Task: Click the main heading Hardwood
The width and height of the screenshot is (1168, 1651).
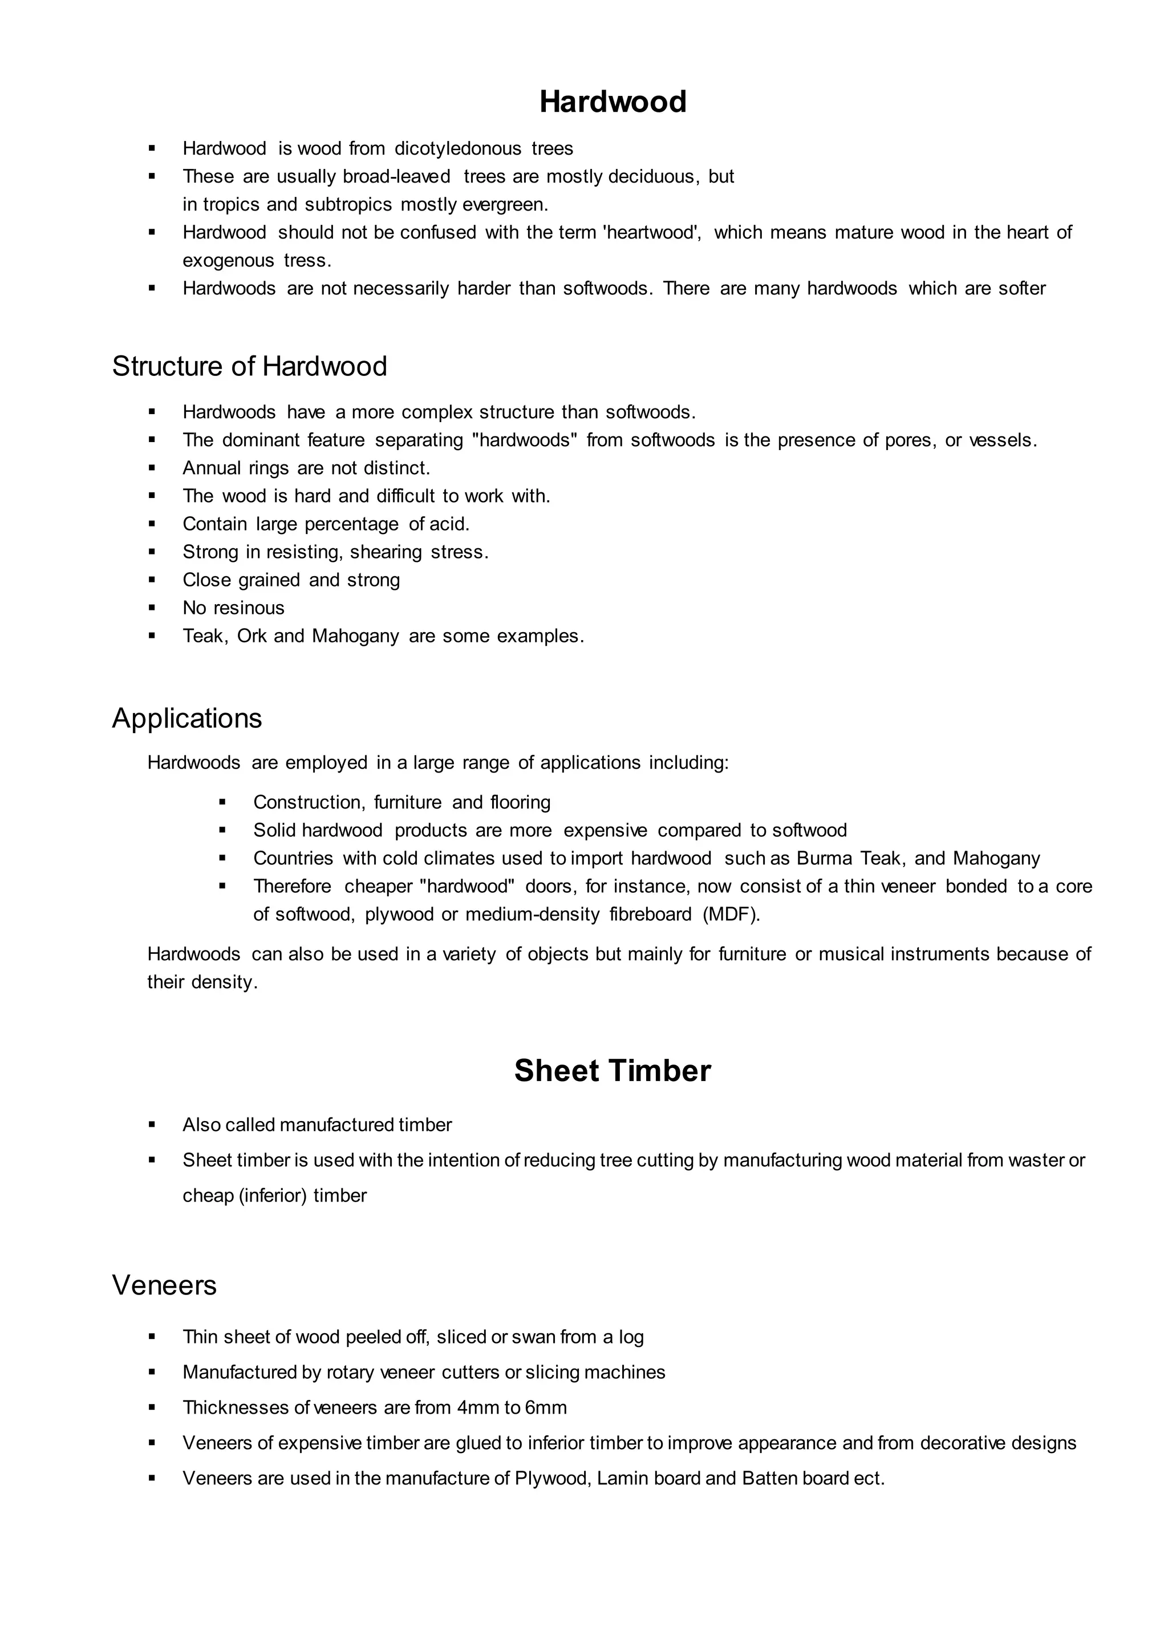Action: (x=613, y=102)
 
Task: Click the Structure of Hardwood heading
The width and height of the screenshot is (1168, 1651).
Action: (x=250, y=366)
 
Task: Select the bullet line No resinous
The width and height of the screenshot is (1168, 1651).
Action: (x=233, y=608)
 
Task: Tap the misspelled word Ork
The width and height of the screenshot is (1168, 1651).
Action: (x=252, y=636)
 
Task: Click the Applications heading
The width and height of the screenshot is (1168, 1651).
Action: (x=187, y=718)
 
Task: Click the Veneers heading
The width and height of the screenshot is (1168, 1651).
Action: (x=164, y=1285)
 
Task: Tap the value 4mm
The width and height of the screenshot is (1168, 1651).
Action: (x=477, y=1408)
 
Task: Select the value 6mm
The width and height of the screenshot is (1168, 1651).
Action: (x=546, y=1408)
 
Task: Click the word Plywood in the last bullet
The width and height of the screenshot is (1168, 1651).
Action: (x=554, y=1478)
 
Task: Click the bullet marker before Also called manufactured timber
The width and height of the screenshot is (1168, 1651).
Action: (x=152, y=1124)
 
